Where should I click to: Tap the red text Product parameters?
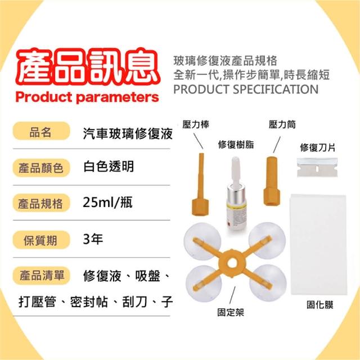click(87, 97)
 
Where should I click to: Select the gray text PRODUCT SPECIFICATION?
click(246, 89)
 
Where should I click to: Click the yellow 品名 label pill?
click(41, 131)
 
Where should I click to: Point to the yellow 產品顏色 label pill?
click(41, 168)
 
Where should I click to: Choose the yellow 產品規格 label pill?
click(41, 203)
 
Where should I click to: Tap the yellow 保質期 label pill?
click(41, 240)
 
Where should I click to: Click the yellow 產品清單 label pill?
click(41, 276)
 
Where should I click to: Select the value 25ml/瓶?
click(107, 202)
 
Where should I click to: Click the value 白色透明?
click(109, 166)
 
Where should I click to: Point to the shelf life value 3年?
click(93, 239)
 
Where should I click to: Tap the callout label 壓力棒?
click(196, 124)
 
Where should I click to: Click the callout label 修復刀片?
click(317, 147)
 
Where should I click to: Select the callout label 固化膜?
click(320, 305)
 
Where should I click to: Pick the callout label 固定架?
click(231, 312)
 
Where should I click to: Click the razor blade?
click(317, 168)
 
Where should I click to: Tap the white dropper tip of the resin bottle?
click(236, 170)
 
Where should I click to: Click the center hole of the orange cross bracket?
click(232, 264)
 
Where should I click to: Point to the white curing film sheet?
click(319, 244)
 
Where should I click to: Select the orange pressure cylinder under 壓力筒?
click(272, 181)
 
